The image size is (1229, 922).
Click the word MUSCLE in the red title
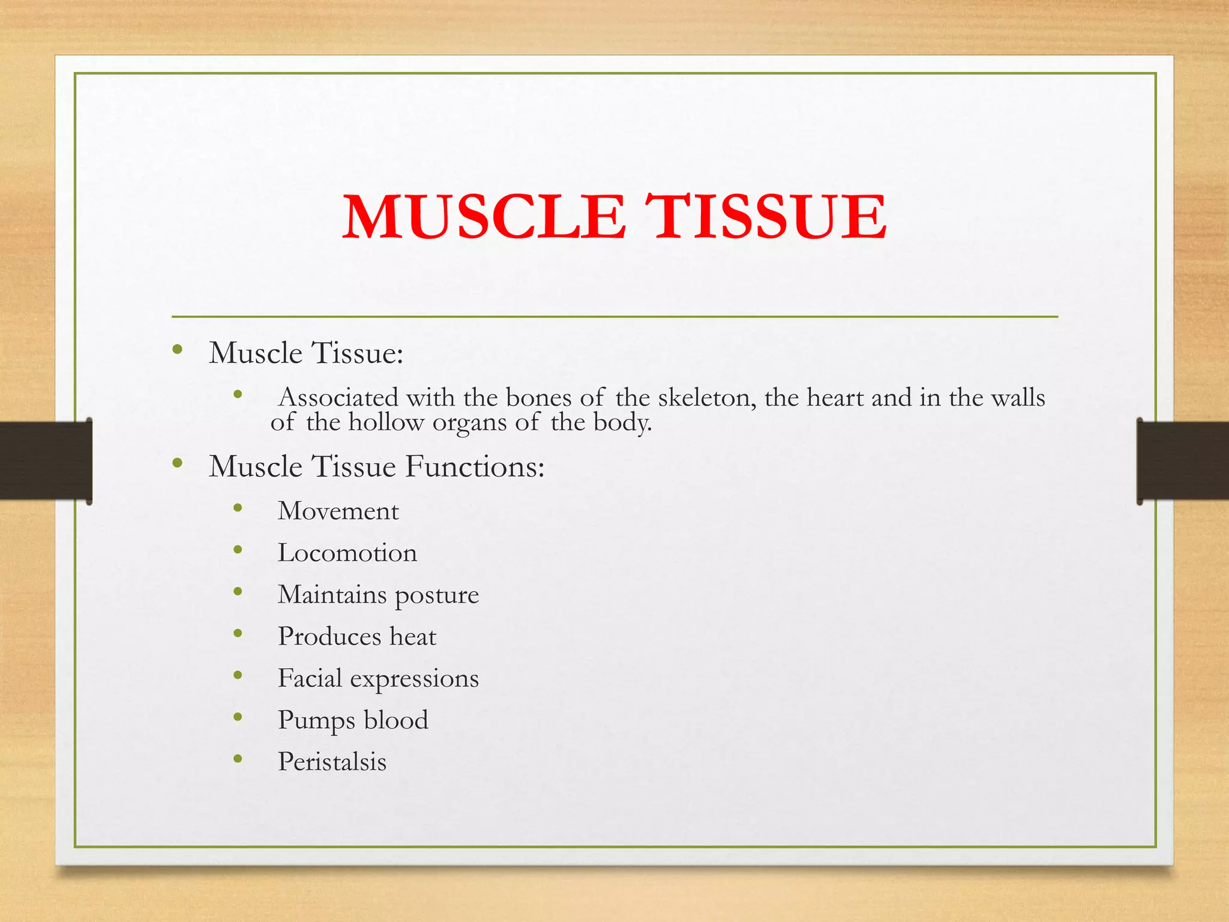point(484,217)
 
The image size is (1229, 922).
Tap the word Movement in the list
point(338,511)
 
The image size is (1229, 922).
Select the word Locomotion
point(347,553)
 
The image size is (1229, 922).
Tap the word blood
point(396,720)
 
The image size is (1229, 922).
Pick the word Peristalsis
point(332,762)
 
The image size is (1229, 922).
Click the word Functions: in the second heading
point(475,466)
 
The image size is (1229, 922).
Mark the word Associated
point(338,397)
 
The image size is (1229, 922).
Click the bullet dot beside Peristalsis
point(238,759)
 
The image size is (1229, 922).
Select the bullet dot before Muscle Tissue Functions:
point(177,463)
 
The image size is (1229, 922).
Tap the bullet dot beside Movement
point(238,508)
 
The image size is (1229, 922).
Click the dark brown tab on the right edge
point(1182,460)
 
